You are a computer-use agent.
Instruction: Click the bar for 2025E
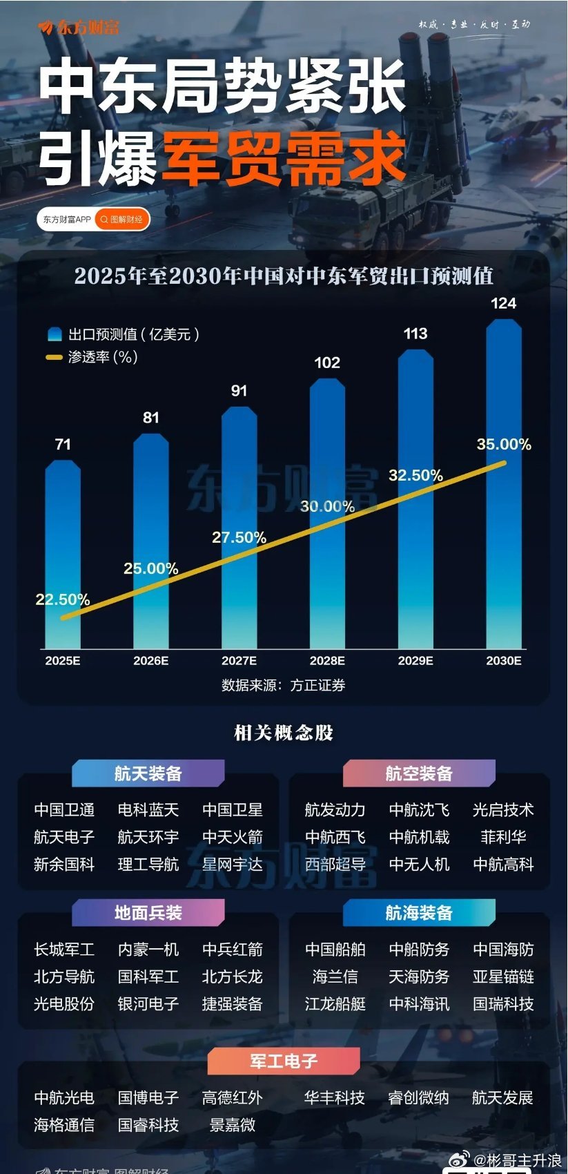(x=63, y=552)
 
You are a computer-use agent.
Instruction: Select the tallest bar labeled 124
(x=504, y=483)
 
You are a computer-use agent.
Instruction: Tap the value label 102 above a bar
(x=327, y=363)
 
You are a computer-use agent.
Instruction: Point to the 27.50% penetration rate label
(x=239, y=537)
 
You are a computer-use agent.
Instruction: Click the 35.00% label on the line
(x=504, y=444)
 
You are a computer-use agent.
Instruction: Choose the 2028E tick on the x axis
(x=327, y=661)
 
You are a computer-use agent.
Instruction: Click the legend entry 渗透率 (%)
(x=102, y=357)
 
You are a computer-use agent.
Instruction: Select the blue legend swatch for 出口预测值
(x=55, y=335)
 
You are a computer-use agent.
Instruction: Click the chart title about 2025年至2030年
(x=284, y=276)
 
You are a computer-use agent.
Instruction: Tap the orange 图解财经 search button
(x=122, y=220)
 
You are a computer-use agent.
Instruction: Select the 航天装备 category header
(x=148, y=773)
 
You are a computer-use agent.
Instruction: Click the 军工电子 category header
(x=284, y=1061)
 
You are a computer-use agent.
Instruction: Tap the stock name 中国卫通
(x=64, y=809)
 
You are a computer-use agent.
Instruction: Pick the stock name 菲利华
(x=503, y=837)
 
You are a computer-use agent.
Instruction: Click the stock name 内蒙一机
(x=148, y=950)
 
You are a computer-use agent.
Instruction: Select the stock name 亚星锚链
(x=503, y=976)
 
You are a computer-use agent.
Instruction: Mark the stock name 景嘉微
(x=233, y=1125)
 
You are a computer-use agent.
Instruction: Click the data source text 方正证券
(x=317, y=685)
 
